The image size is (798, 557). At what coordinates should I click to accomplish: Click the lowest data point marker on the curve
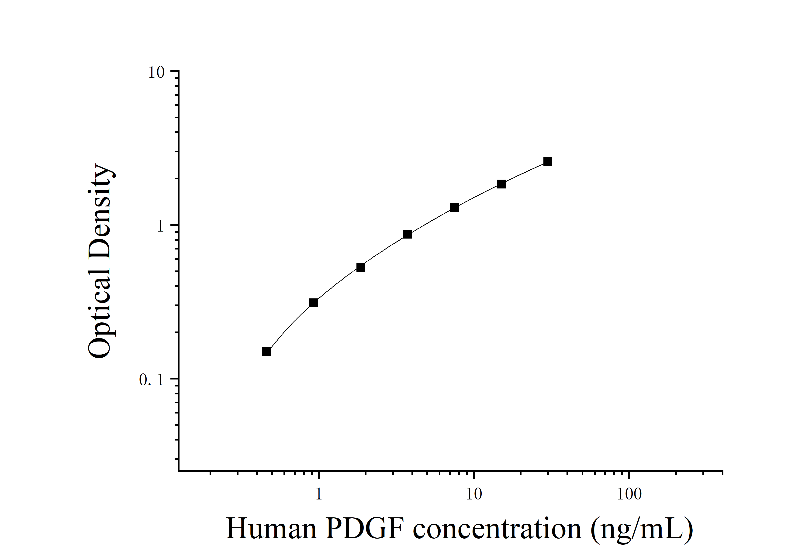point(266,352)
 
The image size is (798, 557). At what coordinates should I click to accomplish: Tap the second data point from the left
point(314,303)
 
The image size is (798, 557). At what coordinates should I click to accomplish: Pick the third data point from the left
point(361,267)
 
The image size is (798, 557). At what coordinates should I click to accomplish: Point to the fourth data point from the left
point(408,234)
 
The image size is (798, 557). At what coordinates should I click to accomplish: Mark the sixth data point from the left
point(501,184)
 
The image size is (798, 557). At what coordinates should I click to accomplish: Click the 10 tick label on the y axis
point(156,73)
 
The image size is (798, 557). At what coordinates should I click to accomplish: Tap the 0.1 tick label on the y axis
point(152,380)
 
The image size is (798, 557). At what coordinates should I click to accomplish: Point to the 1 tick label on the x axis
point(319,494)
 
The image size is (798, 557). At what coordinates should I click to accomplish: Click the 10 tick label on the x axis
point(474,494)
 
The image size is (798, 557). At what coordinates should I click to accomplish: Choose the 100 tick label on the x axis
point(629,494)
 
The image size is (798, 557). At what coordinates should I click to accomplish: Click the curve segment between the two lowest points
point(289,325)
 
